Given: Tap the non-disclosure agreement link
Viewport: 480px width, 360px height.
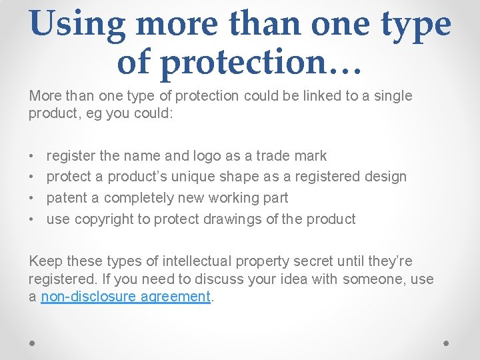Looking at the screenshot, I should point(126,297).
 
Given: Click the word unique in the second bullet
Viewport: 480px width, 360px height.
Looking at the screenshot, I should point(193,177).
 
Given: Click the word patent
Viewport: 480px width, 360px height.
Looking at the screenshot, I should point(65,198).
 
